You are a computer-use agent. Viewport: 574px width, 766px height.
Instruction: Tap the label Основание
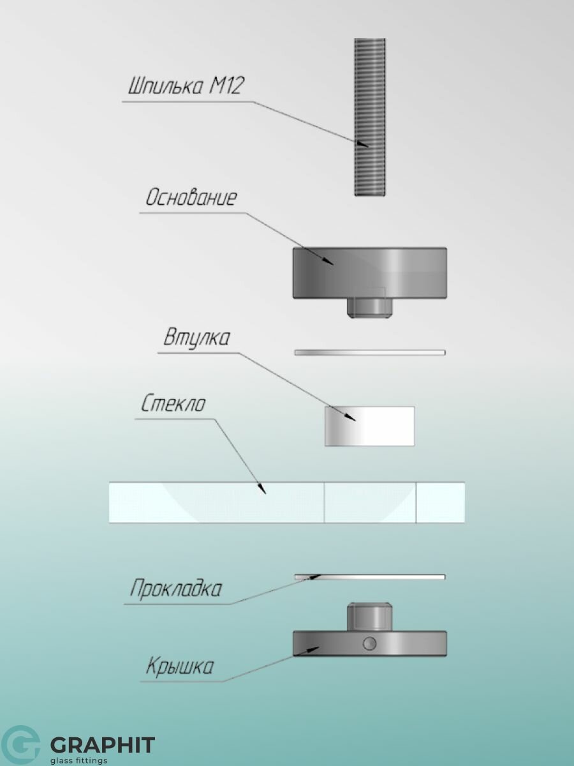[191, 197]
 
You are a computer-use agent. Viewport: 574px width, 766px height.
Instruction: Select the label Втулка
[196, 338]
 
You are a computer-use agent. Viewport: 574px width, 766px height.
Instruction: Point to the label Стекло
[173, 403]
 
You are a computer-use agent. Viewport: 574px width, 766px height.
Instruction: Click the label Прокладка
[175, 589]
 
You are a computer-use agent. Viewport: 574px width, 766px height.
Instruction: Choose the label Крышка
[179, 666]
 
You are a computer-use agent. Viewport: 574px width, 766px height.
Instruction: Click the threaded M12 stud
[370, 117]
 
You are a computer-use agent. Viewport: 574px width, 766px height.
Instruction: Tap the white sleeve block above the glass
[370, 426]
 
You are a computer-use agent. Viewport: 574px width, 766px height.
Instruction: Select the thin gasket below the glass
[370, 577]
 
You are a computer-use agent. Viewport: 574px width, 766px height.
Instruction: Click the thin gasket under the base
[370, 352]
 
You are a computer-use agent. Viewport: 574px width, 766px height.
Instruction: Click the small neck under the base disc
[370, 308]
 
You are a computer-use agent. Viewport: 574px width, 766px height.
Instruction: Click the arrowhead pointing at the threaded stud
[362, 144]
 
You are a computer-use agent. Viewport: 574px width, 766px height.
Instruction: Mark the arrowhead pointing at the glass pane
[261, 489]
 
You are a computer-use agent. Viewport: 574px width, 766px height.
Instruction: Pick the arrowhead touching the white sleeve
[350, 417]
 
